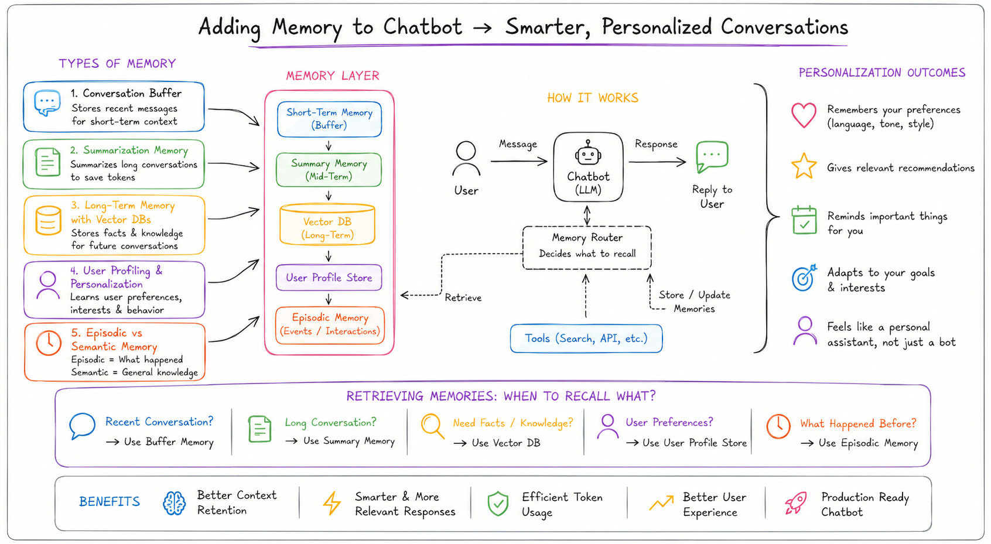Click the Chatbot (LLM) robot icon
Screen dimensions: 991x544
[x=588, y=153]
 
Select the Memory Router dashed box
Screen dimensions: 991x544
[x=587, y=247]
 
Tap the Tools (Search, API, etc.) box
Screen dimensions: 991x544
[x=586, y=338]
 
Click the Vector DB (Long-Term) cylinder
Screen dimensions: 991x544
[x=327, y=224]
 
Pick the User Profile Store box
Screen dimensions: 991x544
[x=329, y=278]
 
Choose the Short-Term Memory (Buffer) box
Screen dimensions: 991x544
[x=329, y=119]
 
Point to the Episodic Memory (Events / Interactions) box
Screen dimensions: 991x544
[x=330, y=325]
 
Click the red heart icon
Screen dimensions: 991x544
[x=804, y=115]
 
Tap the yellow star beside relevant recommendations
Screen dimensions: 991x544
[x=804, y=166]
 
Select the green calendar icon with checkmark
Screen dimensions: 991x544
[x=804, y=220]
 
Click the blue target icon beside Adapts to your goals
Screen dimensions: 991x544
[x=804, y=278]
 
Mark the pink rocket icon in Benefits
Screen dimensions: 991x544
[x=796, y=504]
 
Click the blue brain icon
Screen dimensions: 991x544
[x=175, y=504]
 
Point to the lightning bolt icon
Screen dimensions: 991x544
[x=332, y=504]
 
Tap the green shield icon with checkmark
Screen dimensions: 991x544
[x=498, y=504]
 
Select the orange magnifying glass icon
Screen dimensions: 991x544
[x=432, y=426]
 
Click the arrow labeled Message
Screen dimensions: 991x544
[x=519, y=162]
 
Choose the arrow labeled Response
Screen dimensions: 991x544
[x=657, y=162]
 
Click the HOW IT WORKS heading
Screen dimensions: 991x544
[x=593, y=98]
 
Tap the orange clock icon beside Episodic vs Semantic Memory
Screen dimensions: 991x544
[x=49, y=343]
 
